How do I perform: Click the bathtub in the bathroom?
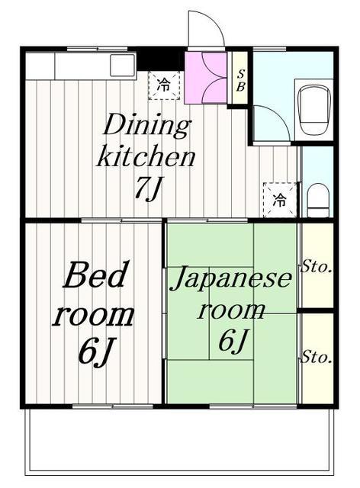[314, 110]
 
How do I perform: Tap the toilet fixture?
[318, 200]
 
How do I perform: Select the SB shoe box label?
[240, 80]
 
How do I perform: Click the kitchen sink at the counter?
[123, 65]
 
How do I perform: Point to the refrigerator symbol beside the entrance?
[164, 85]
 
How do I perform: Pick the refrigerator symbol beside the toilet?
[280, 200]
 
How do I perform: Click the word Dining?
[146, 125]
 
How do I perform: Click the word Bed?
[96, 275]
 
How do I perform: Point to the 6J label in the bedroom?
[95, 351]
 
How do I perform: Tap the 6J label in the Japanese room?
[233, 340]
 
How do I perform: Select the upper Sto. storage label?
[316, 267]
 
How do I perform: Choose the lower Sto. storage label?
[316, 357]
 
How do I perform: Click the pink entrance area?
[205, 78]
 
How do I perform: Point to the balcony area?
[181, 442]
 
